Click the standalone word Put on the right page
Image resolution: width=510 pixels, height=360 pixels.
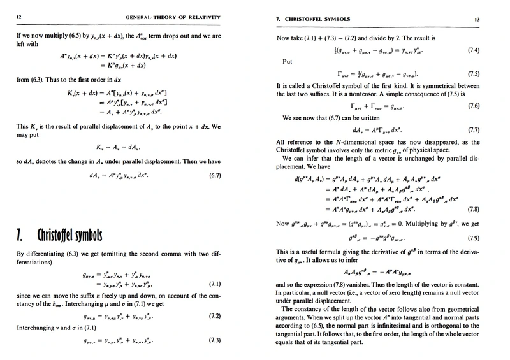[286, 62]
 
